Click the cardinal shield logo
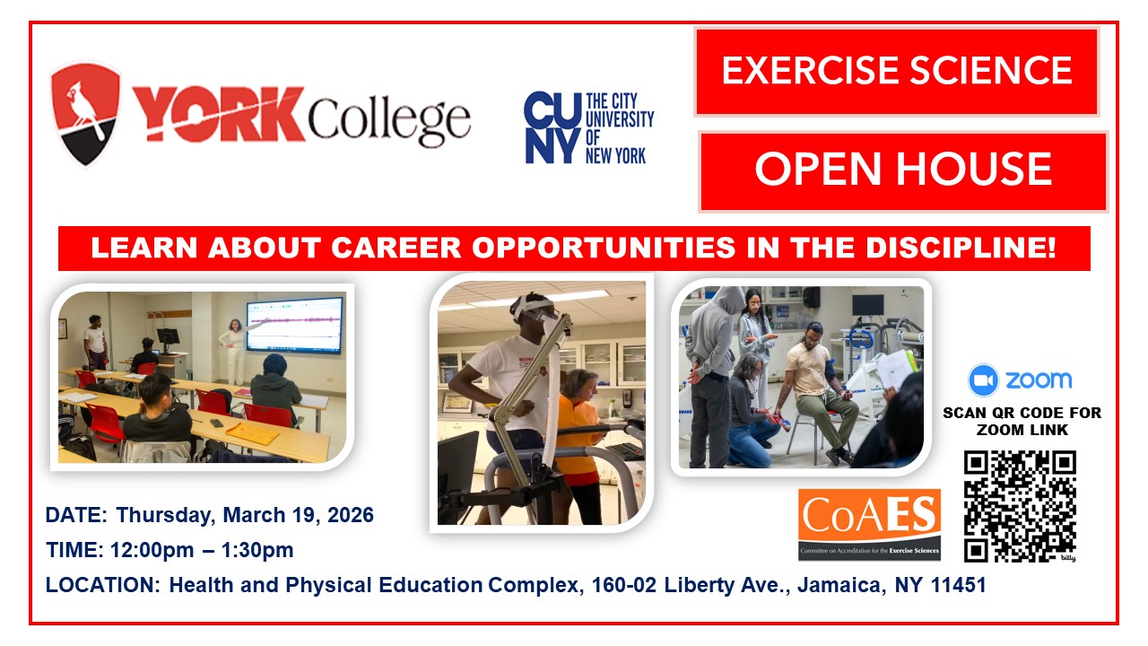[85, 114]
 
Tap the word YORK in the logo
[219, 114]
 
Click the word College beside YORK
[389, 119]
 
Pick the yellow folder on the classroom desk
[253, 432]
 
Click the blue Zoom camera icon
[983, 380]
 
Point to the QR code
[1020, 507]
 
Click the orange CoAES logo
[869, 525]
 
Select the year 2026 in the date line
[351, 515]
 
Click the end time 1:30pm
[257, 550]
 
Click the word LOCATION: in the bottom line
[103, 585]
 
